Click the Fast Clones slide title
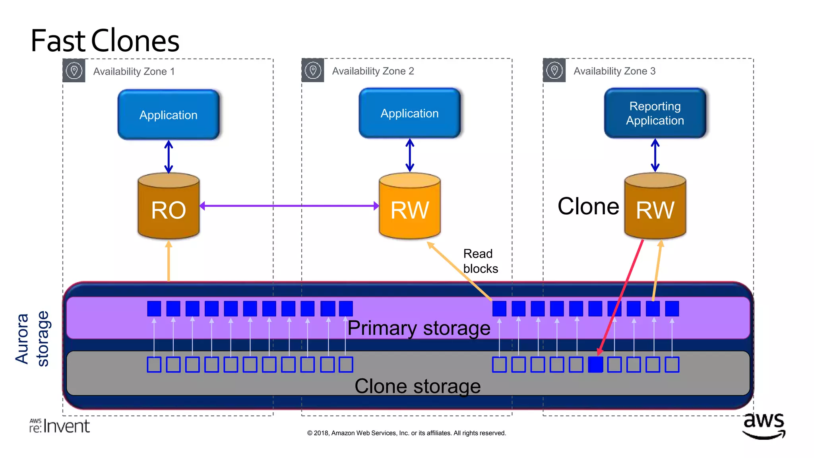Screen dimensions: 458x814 pos(105,41)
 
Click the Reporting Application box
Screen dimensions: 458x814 pos(655,113)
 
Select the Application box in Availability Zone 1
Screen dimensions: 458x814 pos(169,115)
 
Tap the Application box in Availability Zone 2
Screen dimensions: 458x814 pos(409,113)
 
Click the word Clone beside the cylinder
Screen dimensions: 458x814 pos(588,206)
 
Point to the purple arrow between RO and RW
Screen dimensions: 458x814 pos(289,206)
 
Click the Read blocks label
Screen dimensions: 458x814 pos(480,261)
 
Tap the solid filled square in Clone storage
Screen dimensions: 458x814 pos(595,364)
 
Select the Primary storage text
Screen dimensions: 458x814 pos(419,328)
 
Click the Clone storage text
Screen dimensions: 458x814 pos(417,386)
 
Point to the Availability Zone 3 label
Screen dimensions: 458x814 pos(614,71)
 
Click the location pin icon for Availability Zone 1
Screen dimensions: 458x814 pos(74,71)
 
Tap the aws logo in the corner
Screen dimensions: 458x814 pos(764,425)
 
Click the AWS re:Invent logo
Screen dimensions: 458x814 pos(60,426)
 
